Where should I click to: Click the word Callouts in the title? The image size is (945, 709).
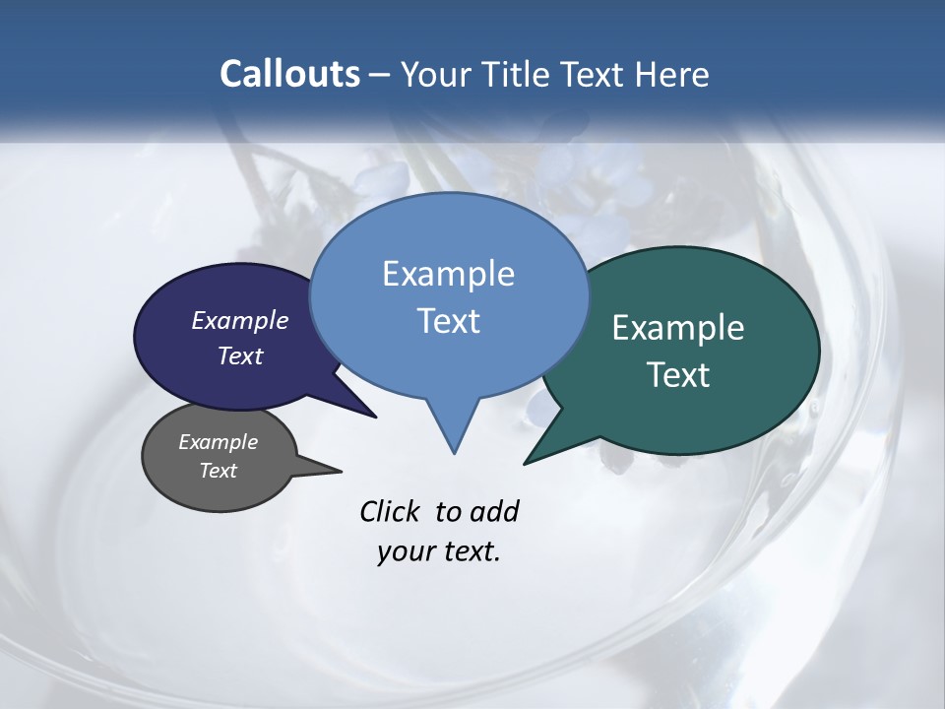coord(289,74)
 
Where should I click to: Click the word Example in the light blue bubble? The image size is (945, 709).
coord(448,274)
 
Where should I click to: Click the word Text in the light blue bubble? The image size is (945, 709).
coord(448,321)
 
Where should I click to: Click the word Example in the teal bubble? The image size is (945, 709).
coord(678,328)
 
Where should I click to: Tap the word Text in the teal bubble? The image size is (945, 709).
coord(678,375)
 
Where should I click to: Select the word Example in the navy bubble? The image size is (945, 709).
coord(240,320)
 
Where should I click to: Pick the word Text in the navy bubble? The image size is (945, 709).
coord(240,355)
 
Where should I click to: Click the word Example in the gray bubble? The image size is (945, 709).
coord(218,442)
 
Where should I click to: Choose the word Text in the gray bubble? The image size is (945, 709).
coord(218,471)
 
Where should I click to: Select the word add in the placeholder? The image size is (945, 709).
coord(493,511)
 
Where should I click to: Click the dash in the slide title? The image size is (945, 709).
coord(380,74)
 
